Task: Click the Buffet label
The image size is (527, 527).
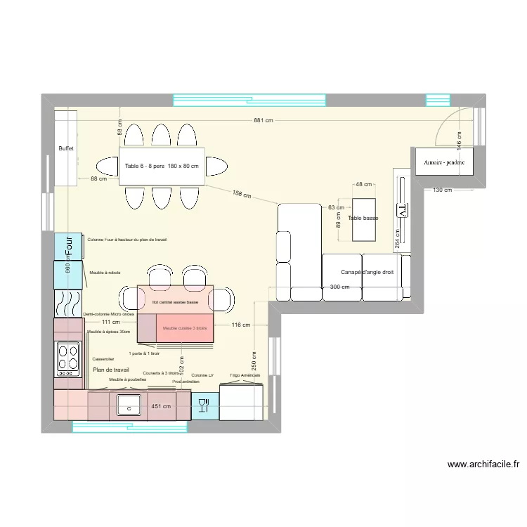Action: pos(66,149)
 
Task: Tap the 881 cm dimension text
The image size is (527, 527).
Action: pos(264,121)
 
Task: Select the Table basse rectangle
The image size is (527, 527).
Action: pos(363,219)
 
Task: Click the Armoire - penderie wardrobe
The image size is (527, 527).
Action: pos(444,162)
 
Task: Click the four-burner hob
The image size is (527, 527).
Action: pos(68,356)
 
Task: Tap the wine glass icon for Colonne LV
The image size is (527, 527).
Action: pos(204,405)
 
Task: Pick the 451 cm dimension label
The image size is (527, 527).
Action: pos(162,406)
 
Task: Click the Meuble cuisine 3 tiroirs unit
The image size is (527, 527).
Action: pos(185,328)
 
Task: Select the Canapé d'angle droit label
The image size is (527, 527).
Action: pos(367,273)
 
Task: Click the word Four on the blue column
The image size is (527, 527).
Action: pos(69,246)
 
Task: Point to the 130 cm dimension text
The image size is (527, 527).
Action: pos(443,190)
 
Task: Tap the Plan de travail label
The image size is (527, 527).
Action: pos(111,370)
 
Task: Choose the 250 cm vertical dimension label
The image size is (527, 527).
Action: pos(254,360)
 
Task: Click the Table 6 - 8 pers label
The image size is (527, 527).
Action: pos(145,167)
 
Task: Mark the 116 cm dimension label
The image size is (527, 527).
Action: pos(240,325)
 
